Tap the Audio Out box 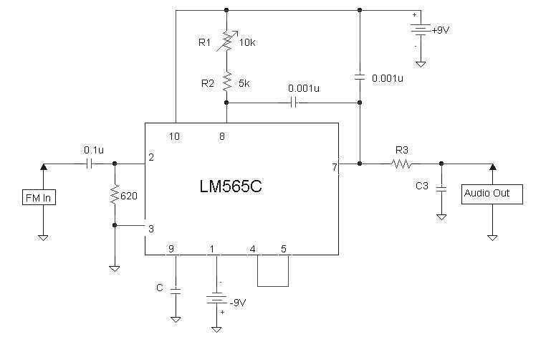[492, 193]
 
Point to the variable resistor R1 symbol [226, 42]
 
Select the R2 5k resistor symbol [226, 82]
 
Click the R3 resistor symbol [402, 164]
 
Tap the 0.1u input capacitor [89, 164]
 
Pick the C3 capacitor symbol [441, 188]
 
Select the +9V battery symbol [421, 31]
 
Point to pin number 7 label [334, 167]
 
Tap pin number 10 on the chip [174, 136]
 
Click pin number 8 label [223, 136]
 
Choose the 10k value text [247, 42]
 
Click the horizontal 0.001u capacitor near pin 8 [294, 103]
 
